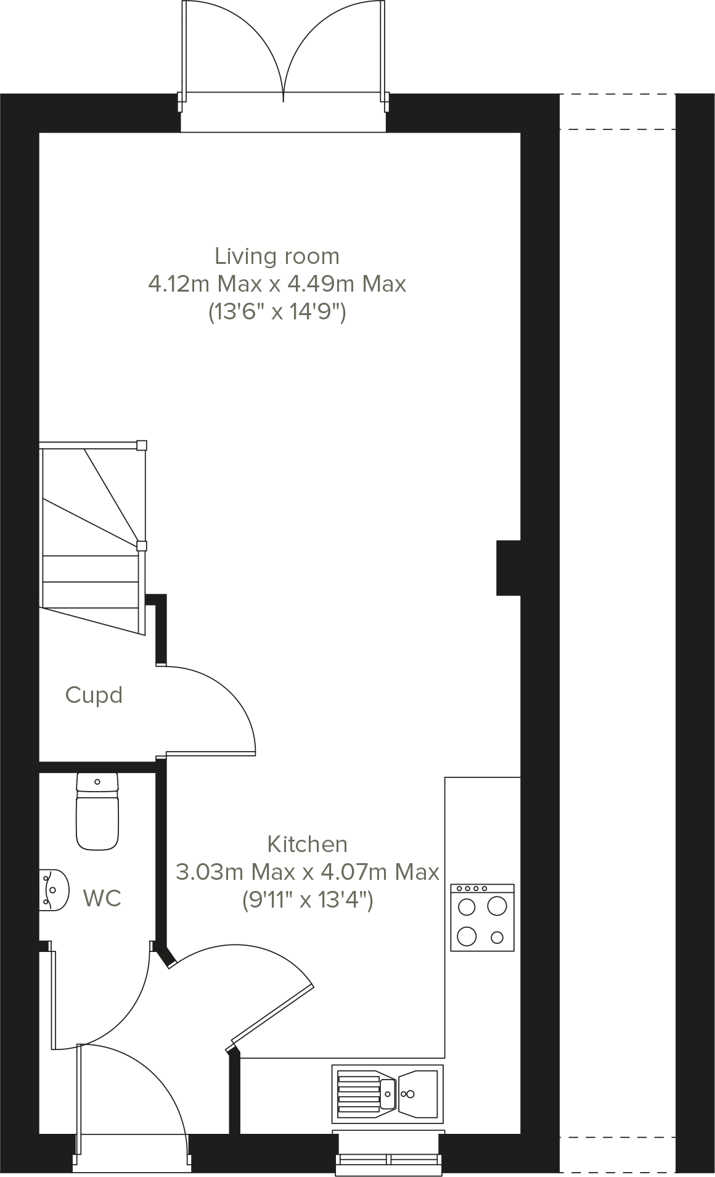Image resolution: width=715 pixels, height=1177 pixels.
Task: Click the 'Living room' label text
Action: (277, 256)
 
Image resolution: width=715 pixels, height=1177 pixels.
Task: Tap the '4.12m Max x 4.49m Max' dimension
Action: (277, 284)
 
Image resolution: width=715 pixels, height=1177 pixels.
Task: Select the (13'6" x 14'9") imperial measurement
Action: (277, 313)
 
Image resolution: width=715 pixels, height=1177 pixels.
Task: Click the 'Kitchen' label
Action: (307, 844)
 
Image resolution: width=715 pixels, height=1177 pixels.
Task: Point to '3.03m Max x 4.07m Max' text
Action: (307, 872)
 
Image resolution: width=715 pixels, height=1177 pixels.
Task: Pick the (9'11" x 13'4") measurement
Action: (307, 901)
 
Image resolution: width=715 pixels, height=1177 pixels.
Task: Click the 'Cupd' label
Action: (94, 695)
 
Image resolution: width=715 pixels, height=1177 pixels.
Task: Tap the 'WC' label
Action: (102, 898)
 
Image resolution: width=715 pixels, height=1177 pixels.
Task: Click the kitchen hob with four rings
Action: (482, 917)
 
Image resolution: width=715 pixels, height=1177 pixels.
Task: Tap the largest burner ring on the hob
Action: (497, 906)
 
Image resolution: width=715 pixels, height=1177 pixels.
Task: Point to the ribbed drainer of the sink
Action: (358, 1094)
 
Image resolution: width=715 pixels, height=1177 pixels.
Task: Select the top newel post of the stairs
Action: (142, 445)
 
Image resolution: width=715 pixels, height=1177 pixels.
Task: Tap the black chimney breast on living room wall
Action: (509, 568)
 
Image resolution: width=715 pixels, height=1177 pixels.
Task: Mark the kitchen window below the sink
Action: (390, 1159)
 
